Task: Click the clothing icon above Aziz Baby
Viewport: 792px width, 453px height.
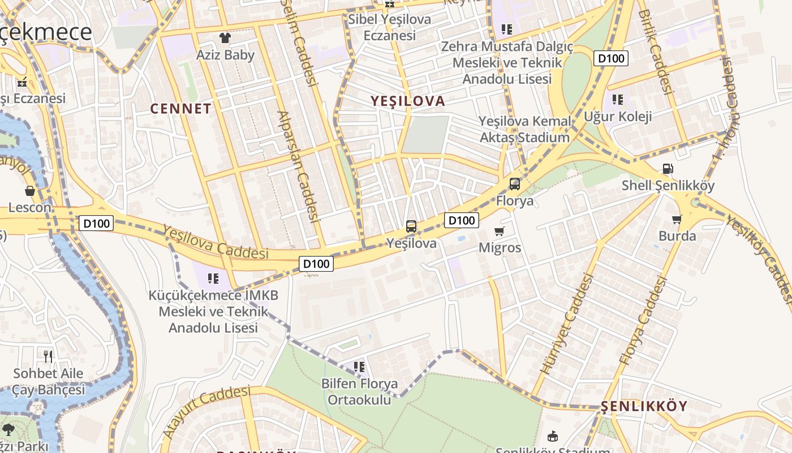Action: (225, 38)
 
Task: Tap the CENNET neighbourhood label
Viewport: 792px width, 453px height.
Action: (181, 109)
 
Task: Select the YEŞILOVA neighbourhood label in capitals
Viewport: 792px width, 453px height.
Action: (408, 101)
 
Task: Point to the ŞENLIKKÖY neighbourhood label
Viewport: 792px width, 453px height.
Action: (644, 406)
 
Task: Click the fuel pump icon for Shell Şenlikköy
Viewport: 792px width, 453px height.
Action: (668, 169)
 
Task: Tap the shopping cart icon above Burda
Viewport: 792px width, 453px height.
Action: (677, 219)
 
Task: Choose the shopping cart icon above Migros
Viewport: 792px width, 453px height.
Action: (499, 231)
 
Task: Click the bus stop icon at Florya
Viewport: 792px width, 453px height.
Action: (514, 183)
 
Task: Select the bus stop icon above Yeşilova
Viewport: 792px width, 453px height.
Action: (411, 226)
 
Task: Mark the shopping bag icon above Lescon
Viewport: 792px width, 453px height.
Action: (29, 191)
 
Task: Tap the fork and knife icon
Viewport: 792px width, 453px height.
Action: (48, 356)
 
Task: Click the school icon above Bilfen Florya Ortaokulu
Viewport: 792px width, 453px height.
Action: (359, 367)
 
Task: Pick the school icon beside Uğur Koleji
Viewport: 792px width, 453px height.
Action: (617, 100)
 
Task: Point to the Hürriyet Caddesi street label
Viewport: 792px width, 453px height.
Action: (567, 323)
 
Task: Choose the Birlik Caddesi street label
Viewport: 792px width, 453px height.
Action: (656, 51)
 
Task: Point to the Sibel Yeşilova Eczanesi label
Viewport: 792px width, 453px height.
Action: (389, 27)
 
